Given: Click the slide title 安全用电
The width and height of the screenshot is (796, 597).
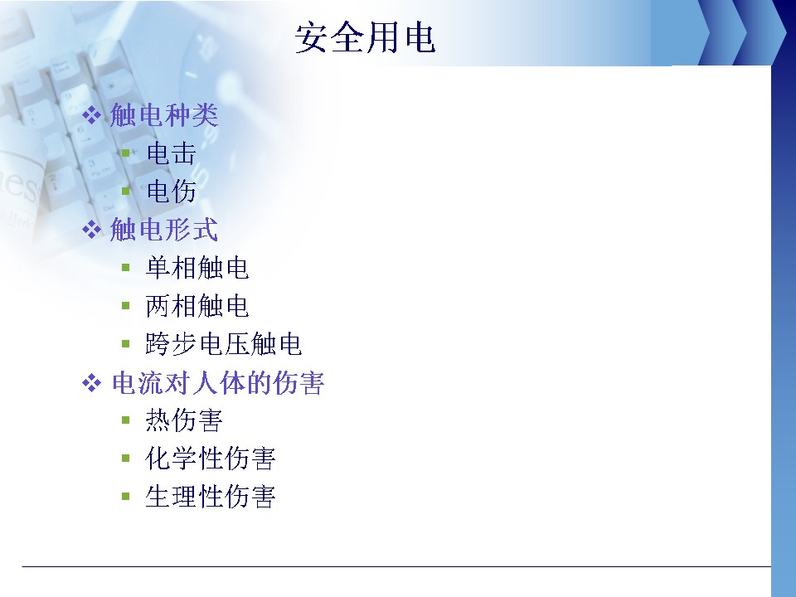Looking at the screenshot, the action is click(365, 37).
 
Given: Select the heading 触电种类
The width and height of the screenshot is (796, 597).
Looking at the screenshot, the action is click(164, 114).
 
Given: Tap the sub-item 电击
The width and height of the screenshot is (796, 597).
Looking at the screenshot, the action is click(171, 153).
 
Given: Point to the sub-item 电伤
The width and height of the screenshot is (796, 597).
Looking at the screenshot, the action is click(171, 192).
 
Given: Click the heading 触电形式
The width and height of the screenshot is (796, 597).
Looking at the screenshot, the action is click(164, 230).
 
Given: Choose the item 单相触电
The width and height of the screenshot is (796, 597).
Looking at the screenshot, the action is click(197, 268).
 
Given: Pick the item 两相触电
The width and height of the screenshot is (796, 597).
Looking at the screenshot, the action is click(197, 306).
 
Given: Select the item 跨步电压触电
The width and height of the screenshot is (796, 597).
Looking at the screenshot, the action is click(223, 343).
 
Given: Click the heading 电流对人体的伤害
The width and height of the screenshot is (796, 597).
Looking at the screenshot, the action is click(218, 383).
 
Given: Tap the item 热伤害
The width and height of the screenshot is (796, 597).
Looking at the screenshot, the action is click(184, 420).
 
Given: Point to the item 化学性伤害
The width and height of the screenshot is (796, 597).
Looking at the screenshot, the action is click(210, 459).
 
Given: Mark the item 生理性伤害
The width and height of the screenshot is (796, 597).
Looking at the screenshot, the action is click(210, 497).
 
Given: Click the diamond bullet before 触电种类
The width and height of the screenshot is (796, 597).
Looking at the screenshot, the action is click(91, 114).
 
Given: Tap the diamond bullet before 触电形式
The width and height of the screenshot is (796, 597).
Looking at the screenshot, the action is click(91, 230).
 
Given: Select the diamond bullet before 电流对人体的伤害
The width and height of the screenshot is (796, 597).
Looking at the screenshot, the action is click(91, 383).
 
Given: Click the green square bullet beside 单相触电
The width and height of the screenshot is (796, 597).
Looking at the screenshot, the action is click(126, 268).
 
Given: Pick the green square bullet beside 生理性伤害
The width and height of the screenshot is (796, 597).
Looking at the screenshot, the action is click(126, 497).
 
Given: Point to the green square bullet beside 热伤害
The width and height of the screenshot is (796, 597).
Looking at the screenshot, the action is click(126, 420).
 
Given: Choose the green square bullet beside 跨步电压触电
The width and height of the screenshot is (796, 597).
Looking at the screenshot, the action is click(126, 343).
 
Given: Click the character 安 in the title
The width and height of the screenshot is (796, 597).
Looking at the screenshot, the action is click(311, 37).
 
